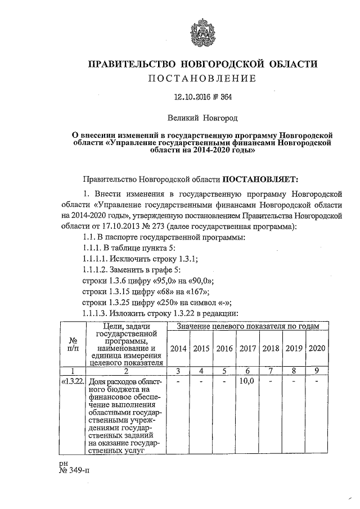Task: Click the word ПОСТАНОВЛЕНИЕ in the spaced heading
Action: pyautogui.click(x=202, y=78)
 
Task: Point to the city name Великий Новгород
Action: pyautogui.click(x=202, y=119)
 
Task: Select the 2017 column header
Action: pyautogui.click(x=248, y=348)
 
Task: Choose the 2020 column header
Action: pyautogui.click(x=318, y=348)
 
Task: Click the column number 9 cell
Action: pyautogui.click(x=318, y=371)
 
